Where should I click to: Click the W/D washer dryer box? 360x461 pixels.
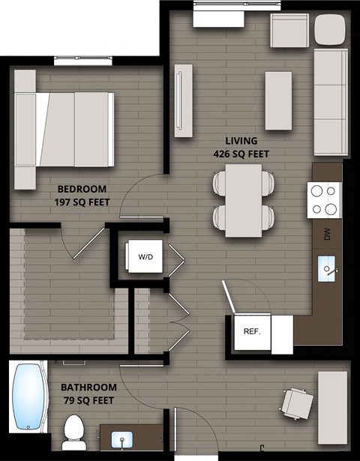(145, 257)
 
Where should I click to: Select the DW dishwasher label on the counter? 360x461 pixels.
(327, 235)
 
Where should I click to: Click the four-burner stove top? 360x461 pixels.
(324, 200)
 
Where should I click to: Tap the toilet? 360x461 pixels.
(73, 432)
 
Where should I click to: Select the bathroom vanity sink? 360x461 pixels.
(121, 438)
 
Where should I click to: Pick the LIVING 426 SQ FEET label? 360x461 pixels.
(241, 147)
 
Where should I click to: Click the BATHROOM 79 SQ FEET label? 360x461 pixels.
(88, 394)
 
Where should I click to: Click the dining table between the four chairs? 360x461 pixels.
(244, 200)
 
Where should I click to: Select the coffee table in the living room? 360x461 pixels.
(278, 100)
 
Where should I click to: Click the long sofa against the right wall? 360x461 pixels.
(330, 102)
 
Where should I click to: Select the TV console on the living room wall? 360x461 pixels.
(183, 100)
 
